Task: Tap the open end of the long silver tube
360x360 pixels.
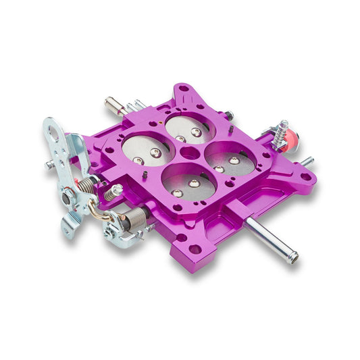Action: [x=293, y=257]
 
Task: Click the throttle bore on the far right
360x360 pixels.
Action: [x=230, y=159]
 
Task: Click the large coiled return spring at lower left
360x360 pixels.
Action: [x=134, y=217]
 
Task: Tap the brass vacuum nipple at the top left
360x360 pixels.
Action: [x=113, y=104]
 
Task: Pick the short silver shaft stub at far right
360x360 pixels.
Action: [x=307, y=161]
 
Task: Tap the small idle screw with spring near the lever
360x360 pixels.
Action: [x=111, y=194]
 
